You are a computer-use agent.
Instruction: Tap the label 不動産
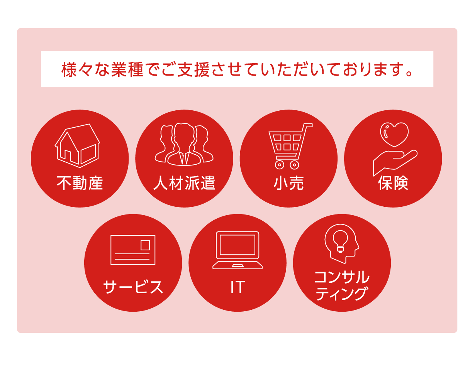[x=80, y=183]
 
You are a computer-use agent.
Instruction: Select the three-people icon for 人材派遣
[x=184, y=144]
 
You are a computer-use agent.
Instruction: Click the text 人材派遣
[x=184, y=183]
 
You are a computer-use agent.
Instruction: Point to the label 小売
[x=288, y=183]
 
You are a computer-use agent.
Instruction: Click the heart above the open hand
[x=394, y=134]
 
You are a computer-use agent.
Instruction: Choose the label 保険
[x=393, y=183]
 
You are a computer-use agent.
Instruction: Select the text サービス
[x=133, y=287]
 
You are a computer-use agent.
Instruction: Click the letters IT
[x=237, y=287]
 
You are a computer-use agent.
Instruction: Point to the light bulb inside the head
[x=340, y=241]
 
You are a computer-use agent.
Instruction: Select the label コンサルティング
[x=342, y=285]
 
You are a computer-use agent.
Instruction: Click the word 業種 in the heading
[x=127, y=69]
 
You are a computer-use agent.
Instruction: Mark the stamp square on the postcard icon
[x=145, y=245]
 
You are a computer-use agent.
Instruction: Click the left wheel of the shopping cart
[x=279, y=165]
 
